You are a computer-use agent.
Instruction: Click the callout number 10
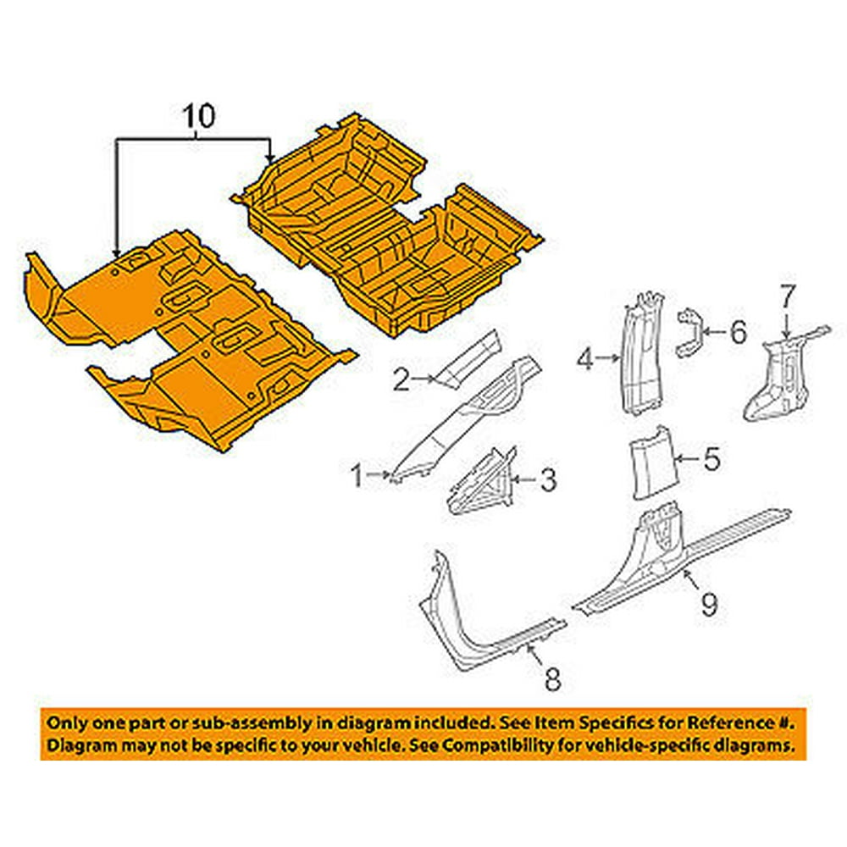pyautogui.click(x=199, y=116)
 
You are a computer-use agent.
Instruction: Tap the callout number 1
pyautogui.click(x=357, y=476)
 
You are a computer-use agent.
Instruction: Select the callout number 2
pyautogui.click(x=401, y=379)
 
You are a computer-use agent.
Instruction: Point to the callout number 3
pyautogui.click(x=548, y=479)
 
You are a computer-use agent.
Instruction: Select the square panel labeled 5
pyautogui.click(x=650, y=462)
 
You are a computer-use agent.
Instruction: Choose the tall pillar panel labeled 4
pyautogui.click(x=642, y=354)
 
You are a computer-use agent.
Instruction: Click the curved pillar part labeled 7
pyautogui.click(x=783, y=375)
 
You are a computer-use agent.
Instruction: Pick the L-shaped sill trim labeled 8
pyautogui.click(x=475, y=632)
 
